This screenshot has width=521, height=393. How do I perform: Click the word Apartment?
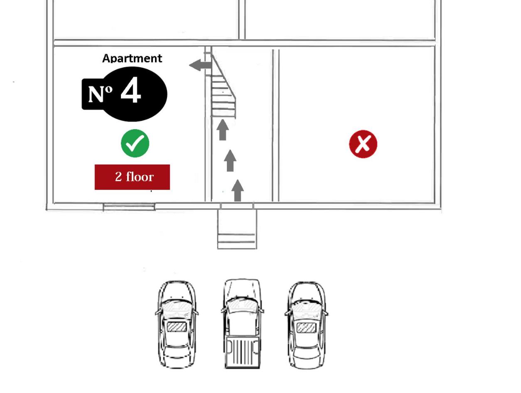click(x=132, y=59)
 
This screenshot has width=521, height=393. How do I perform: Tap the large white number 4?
click(x=130, y=90)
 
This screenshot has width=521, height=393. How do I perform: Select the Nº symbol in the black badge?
click(x=100, y=94)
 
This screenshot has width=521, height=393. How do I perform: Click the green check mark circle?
click(x=135, y=143)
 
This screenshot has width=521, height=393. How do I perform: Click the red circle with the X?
click(x=363, y=144)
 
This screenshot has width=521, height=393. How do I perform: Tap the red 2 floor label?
click(x=132, y=177)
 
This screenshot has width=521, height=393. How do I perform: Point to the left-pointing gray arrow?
click(x=200, y=65)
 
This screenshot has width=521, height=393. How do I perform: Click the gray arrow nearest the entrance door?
click(x=237, y=190)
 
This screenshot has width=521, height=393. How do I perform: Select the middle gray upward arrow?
click(x=230, y=160)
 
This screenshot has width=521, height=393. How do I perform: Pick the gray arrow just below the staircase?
click(x=223, y=130)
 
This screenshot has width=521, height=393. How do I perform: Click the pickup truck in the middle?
click(x=242, y=324)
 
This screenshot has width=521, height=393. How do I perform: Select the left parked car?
click(x=177, y=324)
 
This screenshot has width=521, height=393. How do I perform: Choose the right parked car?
click(x=306, y=325)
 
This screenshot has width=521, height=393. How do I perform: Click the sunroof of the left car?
click(x=177, y=327)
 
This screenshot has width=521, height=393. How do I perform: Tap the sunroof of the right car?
click(x=307, y=328)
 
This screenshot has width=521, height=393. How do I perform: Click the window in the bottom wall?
click(x=129, y=207)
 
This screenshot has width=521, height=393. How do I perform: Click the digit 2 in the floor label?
click(x=118, y=177)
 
